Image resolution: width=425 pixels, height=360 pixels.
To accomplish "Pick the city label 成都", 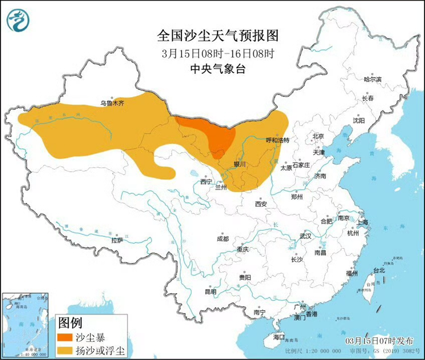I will [x=222, y=239].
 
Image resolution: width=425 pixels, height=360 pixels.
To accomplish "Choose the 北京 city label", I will [x=318, y=137].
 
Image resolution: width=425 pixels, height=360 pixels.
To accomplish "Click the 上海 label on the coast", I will [x=363, y=222].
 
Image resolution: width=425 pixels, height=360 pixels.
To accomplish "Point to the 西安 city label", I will [x=261, y=203].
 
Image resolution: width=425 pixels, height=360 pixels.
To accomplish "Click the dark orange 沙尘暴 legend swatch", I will [x=69, y=337].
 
